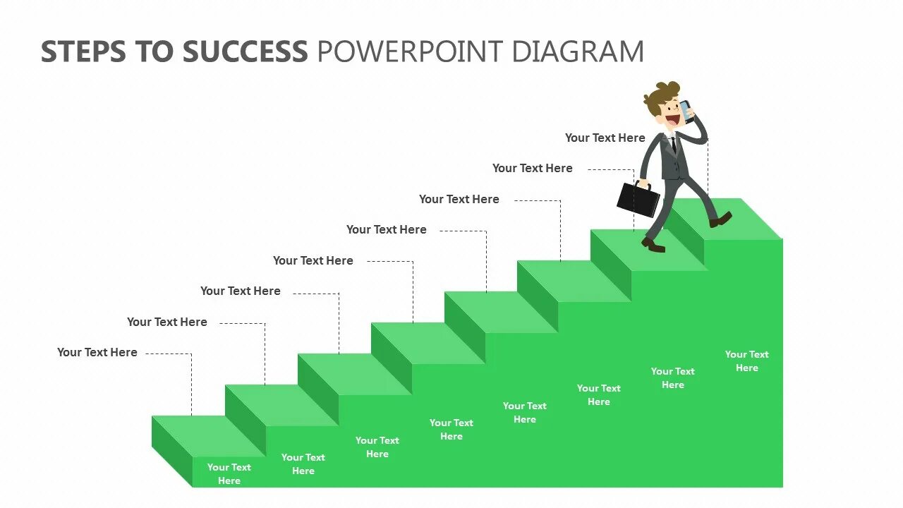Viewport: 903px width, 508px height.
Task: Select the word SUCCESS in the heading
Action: coord(246,52)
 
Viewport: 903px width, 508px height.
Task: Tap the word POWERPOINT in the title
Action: coord(409,52)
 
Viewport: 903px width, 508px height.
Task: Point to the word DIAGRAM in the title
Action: coord(578,52)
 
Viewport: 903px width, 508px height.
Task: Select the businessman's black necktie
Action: coord(674,145)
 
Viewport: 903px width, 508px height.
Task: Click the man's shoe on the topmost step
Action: coord(720,220)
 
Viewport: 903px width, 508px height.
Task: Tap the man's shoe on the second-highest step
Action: coord(653,245)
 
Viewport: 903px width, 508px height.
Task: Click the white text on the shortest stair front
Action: coord(229,473)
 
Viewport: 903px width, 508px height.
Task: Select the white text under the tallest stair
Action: coord(746,361)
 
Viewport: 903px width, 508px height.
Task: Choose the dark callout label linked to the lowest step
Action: coord(97,352)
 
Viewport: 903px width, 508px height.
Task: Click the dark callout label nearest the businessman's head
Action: coord(605,138)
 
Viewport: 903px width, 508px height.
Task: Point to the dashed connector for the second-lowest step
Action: coord(265,353)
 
